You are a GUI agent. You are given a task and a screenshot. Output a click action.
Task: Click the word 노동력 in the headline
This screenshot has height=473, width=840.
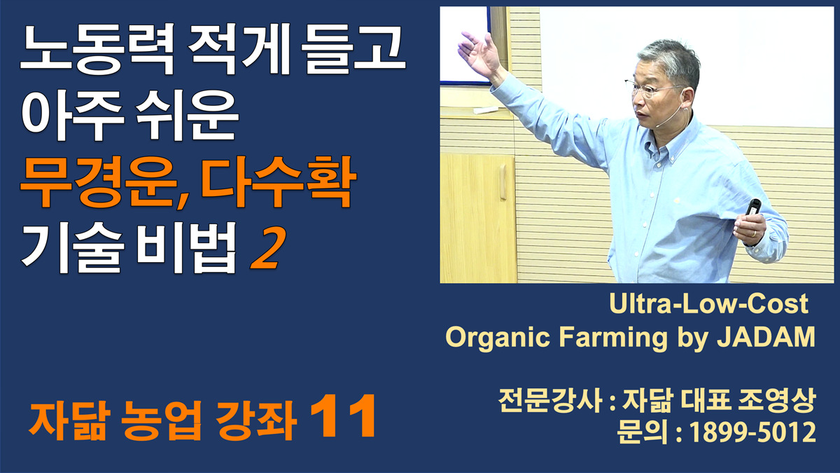pyautogui.click(x=97, y=49)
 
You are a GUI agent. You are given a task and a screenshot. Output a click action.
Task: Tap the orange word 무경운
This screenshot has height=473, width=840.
pyautogui.click(x=98, y=182)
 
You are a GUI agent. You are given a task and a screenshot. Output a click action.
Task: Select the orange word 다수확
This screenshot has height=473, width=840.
pyautogui.click(x=278, y=182)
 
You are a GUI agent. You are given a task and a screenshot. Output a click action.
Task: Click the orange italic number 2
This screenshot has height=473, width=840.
pyautogui.click(x=266, y=248)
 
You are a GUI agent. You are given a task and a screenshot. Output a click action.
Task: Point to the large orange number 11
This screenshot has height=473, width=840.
pyautogui.click(x=343, y=416)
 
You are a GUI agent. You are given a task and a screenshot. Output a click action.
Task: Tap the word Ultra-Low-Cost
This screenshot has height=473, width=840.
pyautogui.click(x=708, y=303)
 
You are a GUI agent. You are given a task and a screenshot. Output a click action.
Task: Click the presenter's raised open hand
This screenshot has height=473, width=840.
pyautogui.click(x=479, y=53)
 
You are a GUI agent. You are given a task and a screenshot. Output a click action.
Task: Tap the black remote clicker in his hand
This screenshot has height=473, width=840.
pyautogui.click(x=752, y=207)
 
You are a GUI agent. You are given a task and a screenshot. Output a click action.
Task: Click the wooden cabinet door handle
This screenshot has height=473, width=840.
pyautogui.click(x=503, y=182)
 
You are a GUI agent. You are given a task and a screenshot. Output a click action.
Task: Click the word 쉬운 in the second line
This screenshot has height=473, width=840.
pyautogui.click(x=187, y=116)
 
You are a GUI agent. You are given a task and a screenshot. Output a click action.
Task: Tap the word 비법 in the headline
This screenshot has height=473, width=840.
pyautogui.click(x=187, y=248)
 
